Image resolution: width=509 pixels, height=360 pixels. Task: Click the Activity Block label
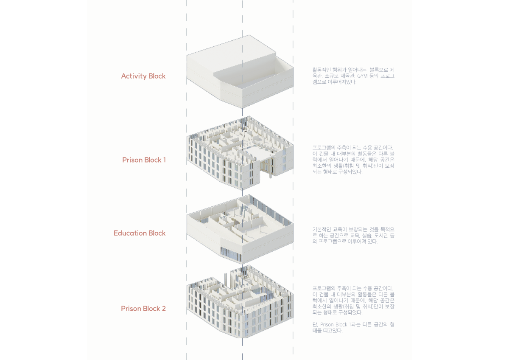click(x=143, y=76)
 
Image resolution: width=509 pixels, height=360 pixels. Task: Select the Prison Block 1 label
click(x=144, y=160)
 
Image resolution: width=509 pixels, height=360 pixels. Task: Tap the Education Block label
click(x=140, y=233)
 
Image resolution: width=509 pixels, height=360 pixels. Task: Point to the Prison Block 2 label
click(x=143, y=309)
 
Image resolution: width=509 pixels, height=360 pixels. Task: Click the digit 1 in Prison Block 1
click(x=165, y=160)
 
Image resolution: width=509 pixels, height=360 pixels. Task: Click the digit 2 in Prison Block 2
click(x=164, y=309)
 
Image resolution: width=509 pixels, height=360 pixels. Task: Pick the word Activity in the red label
click(x=134, y=76)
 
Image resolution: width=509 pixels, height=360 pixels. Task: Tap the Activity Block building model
click(x=240, y=71)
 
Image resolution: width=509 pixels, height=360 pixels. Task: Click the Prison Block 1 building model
click(x=240, y=153)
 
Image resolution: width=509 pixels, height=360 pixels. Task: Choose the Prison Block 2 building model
click(x=240, y=301)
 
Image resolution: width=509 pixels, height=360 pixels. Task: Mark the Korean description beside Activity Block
click(x=353, y=76)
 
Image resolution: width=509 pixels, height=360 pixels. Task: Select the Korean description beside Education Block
click(x=353, y=235)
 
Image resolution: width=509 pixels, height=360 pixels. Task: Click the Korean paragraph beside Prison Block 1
click(x=353, y=160)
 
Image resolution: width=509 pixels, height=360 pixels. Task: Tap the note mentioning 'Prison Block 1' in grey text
click(x=353, y=327)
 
